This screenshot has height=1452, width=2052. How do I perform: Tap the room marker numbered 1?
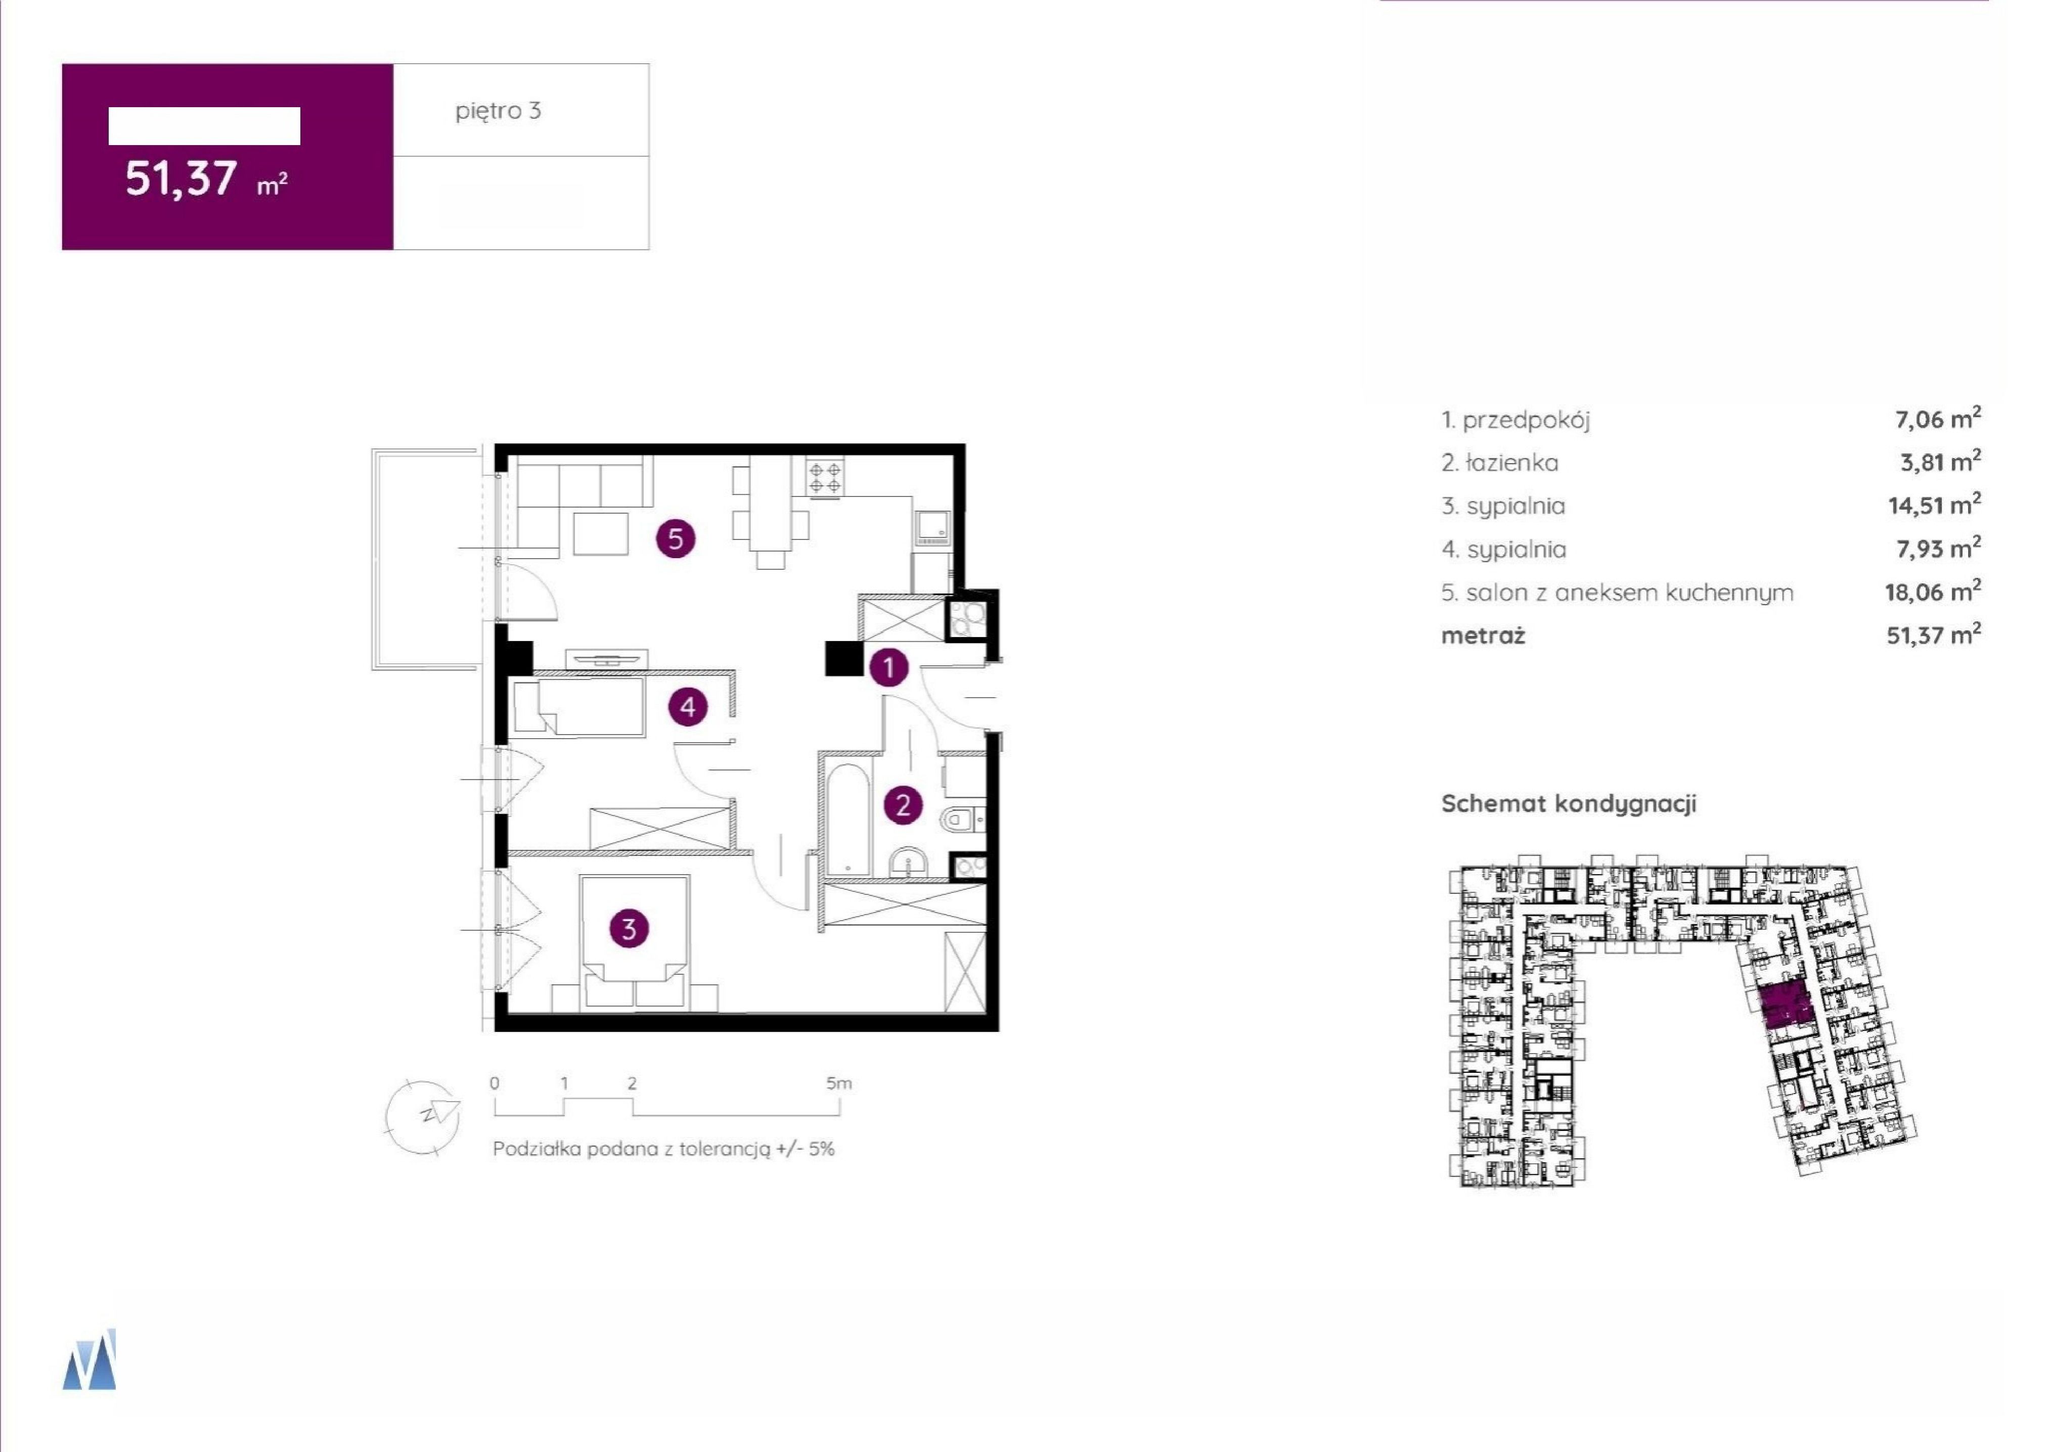pos(888,667)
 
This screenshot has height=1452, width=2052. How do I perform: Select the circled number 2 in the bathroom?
pos(902,805)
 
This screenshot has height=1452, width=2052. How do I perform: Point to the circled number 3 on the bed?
pos(629,929)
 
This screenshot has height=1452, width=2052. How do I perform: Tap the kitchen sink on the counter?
pos(932,527)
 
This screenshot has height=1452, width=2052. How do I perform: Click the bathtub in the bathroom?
pos(846,818)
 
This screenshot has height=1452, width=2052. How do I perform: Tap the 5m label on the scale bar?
pos(839,1083)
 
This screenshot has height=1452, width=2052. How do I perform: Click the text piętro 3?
pos(498,111)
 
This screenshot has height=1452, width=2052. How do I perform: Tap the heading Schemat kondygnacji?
pos(1568,803)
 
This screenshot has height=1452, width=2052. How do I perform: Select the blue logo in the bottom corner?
pos(90,1359)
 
